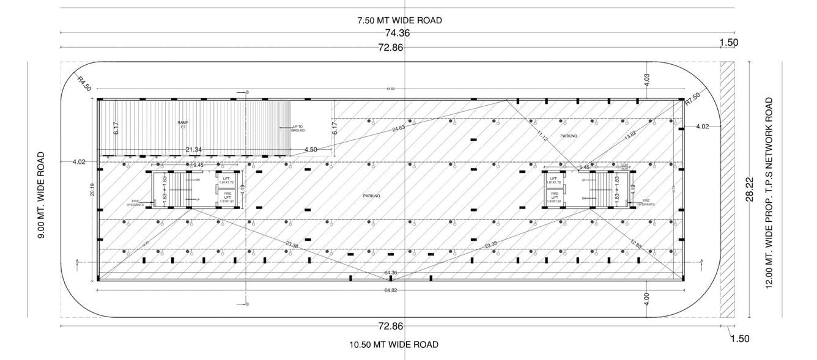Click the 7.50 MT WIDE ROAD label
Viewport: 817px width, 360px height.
click(x=399, y=20)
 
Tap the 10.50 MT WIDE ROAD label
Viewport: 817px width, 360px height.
click(x=394, y=345)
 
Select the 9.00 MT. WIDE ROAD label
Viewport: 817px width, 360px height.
click(x=42, y=195)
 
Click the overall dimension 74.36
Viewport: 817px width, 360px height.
click(x=397, y=34)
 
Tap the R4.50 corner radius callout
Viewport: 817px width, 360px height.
click(x=84, y=83)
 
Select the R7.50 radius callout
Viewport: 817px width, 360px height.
click(x=692, y=98)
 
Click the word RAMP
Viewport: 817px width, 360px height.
click(x=182, y=123)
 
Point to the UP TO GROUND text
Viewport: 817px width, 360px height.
click(x=298, y=129)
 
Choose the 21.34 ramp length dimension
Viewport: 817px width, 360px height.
click(x=194, y=150)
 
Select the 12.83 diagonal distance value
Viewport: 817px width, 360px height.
click(x=636, y=244)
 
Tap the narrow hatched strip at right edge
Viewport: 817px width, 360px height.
click(x=727, y=189)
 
